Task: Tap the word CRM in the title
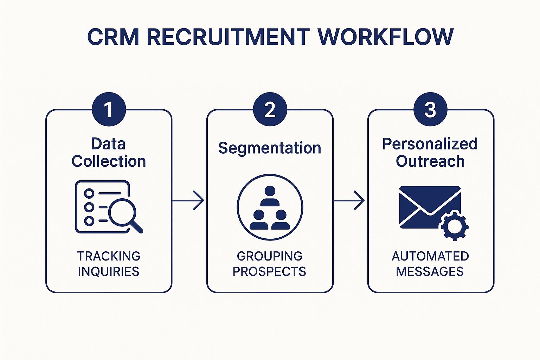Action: pyautogui.click(x=113, y=37)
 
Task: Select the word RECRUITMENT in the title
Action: pyautogui.click(x=228, y=37)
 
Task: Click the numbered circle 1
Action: pyautogui.click(x=109, y=109)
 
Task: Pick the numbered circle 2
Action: pyautogui.click(x=270, y=109)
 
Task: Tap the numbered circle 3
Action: pyautogui.click(x=430, y=109)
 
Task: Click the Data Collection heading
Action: pyautogui.click(x=109, y=153)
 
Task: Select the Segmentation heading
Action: pyautogui.click(x=270, y=148)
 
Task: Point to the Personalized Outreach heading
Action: pyautogui.click(x=430, y=153)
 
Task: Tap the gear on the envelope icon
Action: pyautogui.click(x=454, y=226)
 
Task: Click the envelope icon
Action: pyautogui.click(x=430, y=207)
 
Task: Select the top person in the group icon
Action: pyautogui.click(x=270, y=196)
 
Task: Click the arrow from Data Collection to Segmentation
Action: pyautogui.click(x=188, y=201)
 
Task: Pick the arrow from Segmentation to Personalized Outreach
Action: pyautogui.click(x=349, y=201)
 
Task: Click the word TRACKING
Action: pyautogui.click(x=109, y=256)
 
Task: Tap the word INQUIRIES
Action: pyautogui.click(x=109, y=272)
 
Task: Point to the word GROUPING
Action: pyautogui.click(x=270, y=256)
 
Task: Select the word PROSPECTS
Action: pyautogui.click(x=270, y=272)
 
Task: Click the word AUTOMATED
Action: pyautogui.click(x=430, y=256)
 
